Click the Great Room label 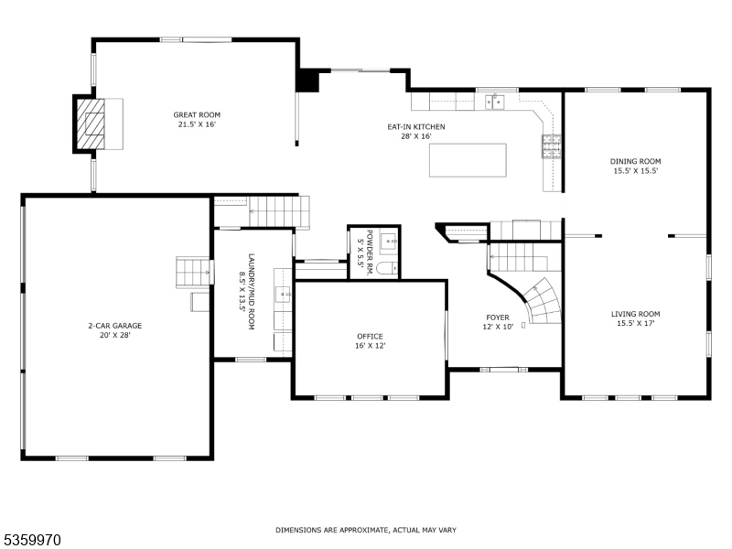tap(195, 115)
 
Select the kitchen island tap(468, 160)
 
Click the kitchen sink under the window tap(495, 102)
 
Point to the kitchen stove tap(552, 146)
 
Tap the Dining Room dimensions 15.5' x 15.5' tap(635, 171)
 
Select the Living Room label tap(635, 314)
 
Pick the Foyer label tap(497, 318)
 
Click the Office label tap(370, 336)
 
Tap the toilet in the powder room tap(386, 267)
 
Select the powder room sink tap(387, 242)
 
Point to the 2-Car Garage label tap(114, 326)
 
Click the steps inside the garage tap(192, 272)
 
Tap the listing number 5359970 tap(32, 540)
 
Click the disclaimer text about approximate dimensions tap(366, 530)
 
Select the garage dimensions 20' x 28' tap(114, 335)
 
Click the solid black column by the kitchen tap(308, 81)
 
